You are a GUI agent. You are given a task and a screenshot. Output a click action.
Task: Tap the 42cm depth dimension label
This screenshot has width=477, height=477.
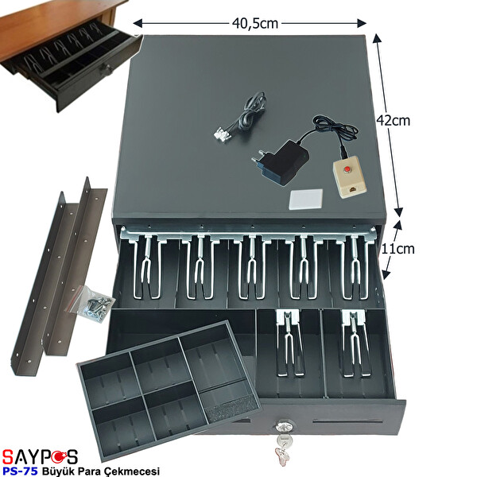[394, 122]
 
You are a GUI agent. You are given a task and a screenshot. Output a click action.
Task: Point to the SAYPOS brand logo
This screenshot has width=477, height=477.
[41, 456]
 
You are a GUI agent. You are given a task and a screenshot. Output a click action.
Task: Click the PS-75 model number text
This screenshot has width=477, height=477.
[21, 470]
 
